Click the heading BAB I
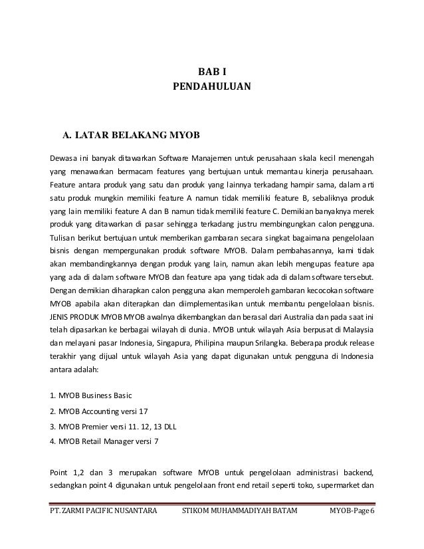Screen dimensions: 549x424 tap(212, 72)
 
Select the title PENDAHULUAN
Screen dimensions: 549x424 tap(212, 86)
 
